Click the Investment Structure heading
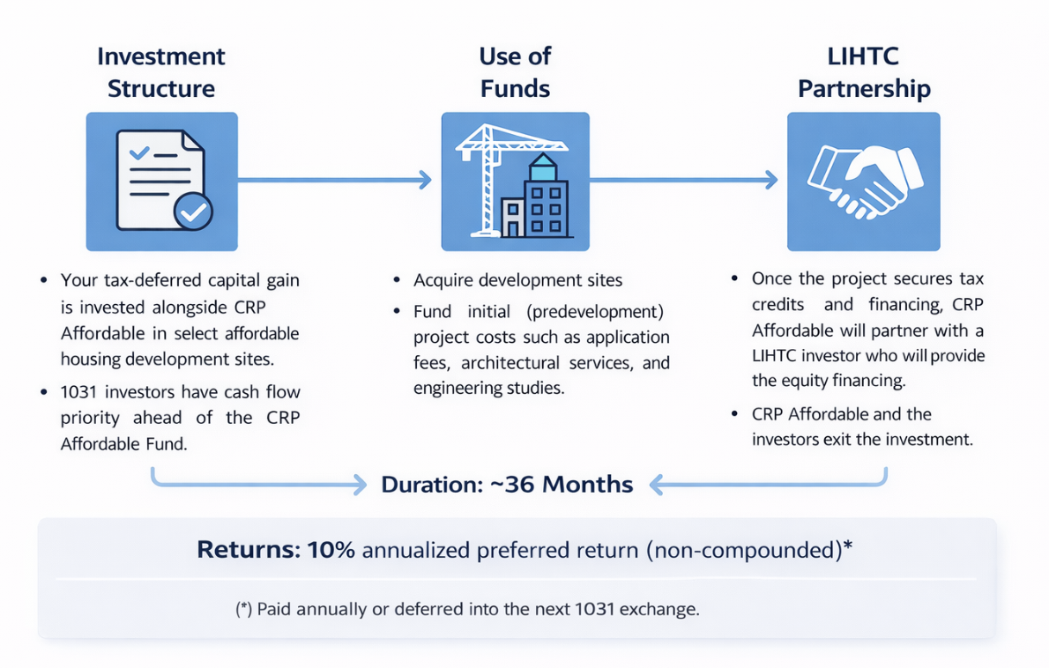[x=161, y=72]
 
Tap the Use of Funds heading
[x=515, y=72]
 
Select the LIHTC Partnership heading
[x=864, y=72]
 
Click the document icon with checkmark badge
[x=161, y=181]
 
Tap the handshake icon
[x=863, y=181]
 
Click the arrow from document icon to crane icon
[x=334, y=181]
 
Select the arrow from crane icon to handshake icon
[x=684, y=181]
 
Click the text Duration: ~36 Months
[x=507, y=484]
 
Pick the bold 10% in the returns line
[x=331, y=550]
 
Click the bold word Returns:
[x=249, y=550]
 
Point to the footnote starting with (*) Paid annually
[x=467, y=610]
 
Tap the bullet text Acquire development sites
[x=518, y=281]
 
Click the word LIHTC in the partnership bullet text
[x=777, y=356]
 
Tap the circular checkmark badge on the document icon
[x=193, y=212]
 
